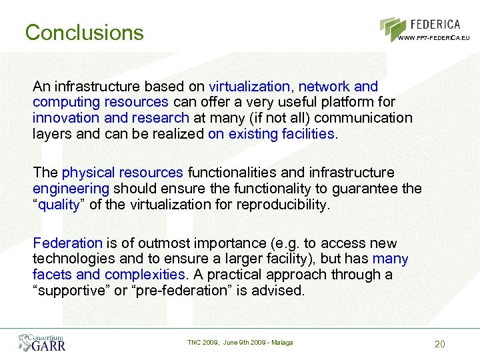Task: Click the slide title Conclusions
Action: [84, 32]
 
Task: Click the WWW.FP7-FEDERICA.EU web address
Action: [434, 38]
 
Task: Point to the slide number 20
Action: [439, 344]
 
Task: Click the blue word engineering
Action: [70, 189]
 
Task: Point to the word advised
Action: [279, 290]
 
